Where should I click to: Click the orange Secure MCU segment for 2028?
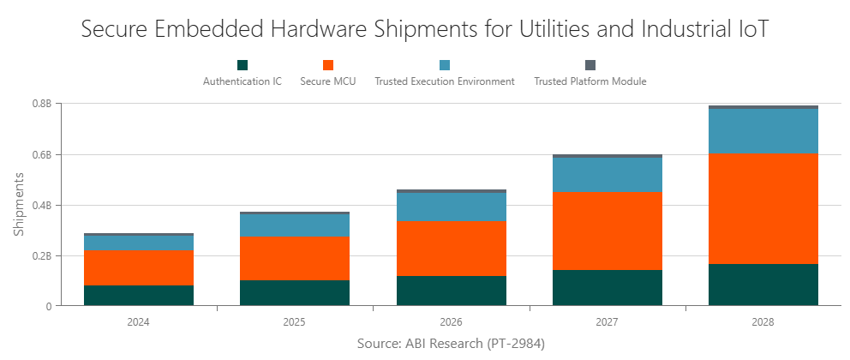[763, 208]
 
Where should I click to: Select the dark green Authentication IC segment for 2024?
[139, 295]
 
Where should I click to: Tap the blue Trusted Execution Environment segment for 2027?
[607, 174]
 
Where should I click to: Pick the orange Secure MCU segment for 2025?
[295, 257]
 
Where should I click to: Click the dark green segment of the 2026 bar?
[451, 290]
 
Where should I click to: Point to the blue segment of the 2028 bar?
[763, 131]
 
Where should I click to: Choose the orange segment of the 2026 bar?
[451, 248]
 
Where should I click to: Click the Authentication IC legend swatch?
[242, 65]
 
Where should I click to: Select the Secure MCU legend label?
[328, 81]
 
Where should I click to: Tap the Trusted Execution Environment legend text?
[445, 81]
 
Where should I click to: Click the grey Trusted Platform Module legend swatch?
[590, 65]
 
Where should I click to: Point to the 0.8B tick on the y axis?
[42, 104]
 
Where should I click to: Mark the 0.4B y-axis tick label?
[42, 205]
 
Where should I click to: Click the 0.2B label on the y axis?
[42, 255]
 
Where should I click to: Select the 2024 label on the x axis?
[139, 322]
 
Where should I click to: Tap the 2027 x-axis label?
[607, 322]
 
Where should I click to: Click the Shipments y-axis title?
[19, 204]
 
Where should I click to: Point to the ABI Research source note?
[451, 343]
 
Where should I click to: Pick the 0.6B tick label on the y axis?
[42, 154]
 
